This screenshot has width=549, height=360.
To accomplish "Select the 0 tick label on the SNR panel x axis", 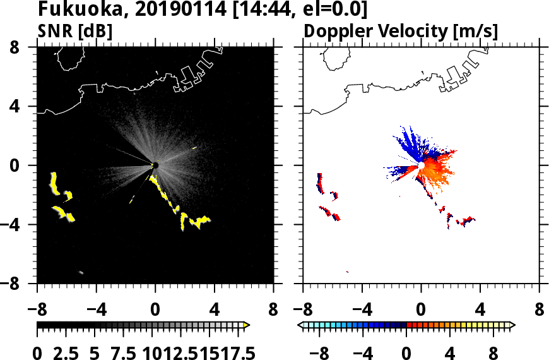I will [155, 311].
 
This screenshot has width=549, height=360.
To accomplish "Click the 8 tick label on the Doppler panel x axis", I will [540, 311].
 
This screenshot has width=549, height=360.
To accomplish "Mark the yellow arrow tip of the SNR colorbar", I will [247, 325].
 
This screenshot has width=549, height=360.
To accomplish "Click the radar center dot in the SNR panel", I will [155, 165].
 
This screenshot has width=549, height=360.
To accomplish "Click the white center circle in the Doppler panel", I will [421, 165].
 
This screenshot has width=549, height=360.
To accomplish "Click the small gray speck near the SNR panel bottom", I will [81, 272].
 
